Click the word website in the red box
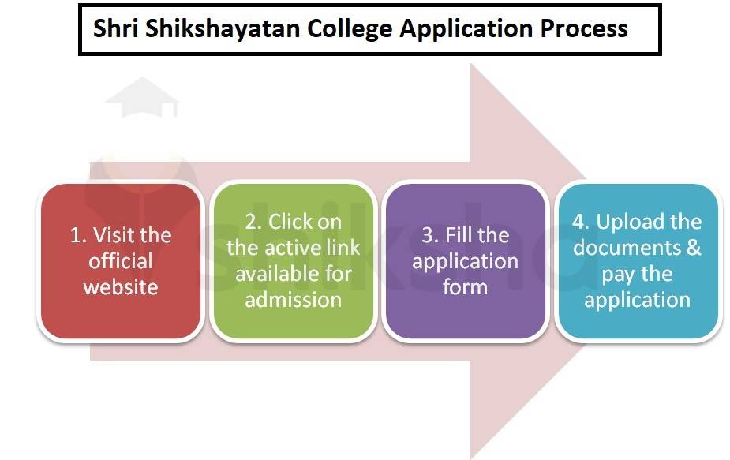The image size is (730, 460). (x=121, y=287)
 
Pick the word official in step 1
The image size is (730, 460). (x=121, y=261)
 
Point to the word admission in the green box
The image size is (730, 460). (x=293, y=300)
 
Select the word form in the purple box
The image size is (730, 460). (x=465, y=286)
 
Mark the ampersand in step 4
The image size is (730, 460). (x=693, y=248)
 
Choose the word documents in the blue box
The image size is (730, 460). (x=627, y=248)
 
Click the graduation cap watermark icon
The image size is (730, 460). (x=142, y=97)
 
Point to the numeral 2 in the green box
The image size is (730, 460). (x=252, y=222)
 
